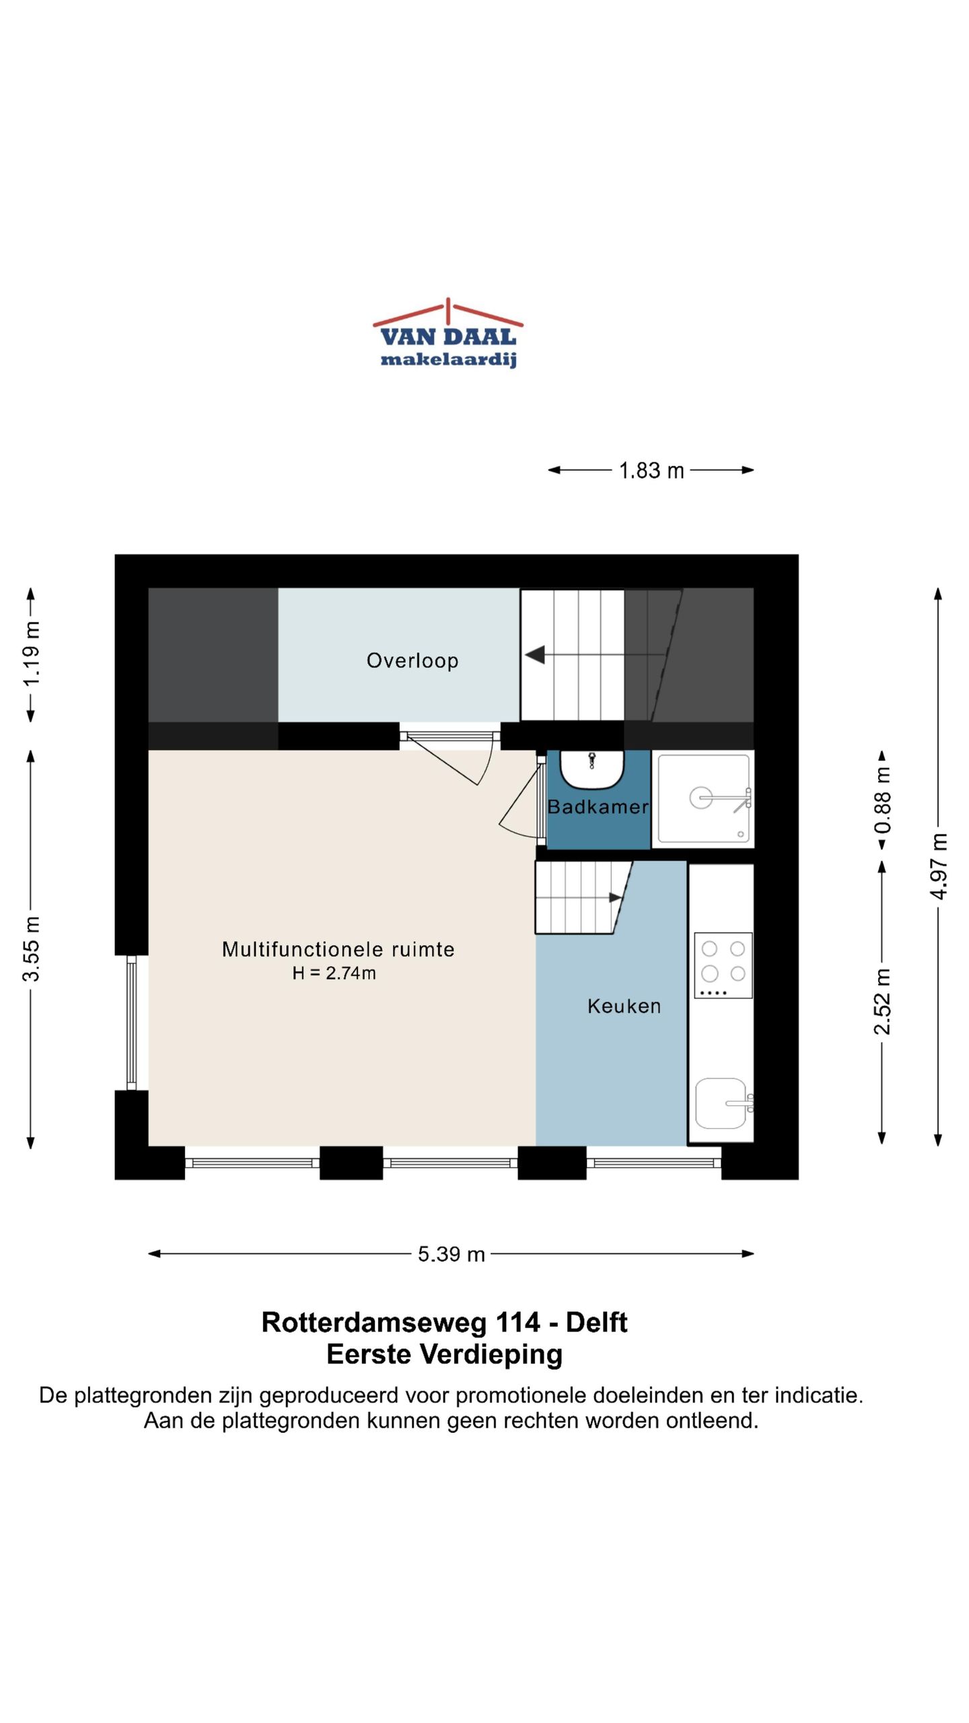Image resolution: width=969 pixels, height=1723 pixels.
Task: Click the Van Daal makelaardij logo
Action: (x=448, y=334)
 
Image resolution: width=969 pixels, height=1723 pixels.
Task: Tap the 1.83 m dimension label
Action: (x=651, y=470)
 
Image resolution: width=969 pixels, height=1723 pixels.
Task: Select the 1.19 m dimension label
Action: (x=32, y=654)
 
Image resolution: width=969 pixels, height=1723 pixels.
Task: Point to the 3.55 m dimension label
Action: (x=32, y=948)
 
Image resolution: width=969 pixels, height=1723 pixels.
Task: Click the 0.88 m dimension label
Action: (x=882, y=800)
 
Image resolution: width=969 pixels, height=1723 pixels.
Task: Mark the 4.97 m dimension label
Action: (x=939, y=866)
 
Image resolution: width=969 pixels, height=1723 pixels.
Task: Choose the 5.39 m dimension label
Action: (x=451, y=1254)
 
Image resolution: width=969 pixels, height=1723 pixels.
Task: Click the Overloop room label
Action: (x=412, y=660)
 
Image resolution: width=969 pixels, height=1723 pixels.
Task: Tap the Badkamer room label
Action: (x=598, y=806)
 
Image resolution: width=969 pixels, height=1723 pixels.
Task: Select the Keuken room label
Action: (x=624, y=1006)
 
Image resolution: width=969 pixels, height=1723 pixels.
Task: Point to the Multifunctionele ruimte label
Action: (x=338, y=949)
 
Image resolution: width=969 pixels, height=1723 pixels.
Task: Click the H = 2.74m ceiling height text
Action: (x=334, y=973)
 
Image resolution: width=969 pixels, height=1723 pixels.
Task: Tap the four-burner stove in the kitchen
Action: (x=723, y=964)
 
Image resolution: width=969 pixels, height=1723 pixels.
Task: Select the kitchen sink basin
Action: (x=721, y=1103)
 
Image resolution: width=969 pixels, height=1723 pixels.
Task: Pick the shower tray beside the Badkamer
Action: (x=703, y=799)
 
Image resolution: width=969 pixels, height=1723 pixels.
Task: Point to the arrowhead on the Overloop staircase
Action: (x=536, y=654)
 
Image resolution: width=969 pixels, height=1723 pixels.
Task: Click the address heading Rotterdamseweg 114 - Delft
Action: (x=444, y=1323)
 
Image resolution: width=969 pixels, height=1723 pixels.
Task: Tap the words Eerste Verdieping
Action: (x=444, y=1354)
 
